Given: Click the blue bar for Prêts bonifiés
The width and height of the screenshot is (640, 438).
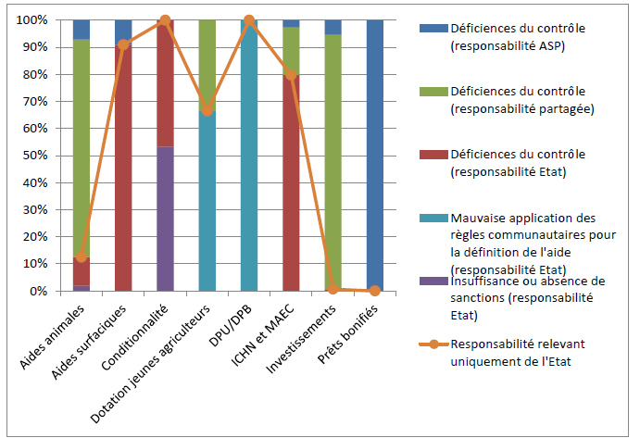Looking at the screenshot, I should tap(375, 155).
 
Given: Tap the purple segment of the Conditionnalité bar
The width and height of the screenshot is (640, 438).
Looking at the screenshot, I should tap(165, 219).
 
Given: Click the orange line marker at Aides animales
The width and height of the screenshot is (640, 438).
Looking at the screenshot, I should tap(82, 257).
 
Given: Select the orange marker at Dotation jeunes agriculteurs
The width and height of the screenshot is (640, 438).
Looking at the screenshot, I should tap(207, 110).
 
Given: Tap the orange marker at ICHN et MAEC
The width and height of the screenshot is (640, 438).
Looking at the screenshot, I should tap(292, 75).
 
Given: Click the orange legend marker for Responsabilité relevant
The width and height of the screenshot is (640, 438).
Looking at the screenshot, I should tap(428, 345).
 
